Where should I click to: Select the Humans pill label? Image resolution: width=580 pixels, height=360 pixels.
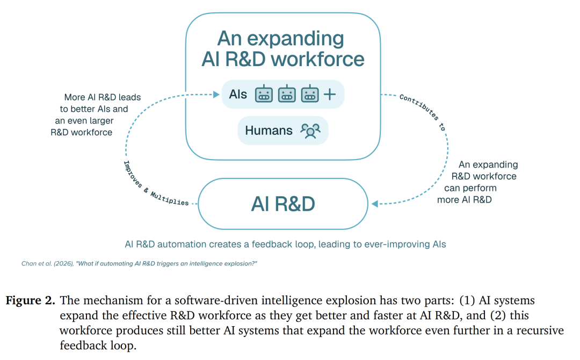283,130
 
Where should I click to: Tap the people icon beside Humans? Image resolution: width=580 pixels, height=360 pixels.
310,131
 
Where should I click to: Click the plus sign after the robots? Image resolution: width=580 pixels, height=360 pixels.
330,95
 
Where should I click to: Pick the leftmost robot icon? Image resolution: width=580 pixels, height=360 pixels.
264,93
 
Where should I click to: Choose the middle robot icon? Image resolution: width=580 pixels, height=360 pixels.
287,93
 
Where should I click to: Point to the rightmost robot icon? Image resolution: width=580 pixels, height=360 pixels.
310,93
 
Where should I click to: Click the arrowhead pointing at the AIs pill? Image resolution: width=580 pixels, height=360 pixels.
216,95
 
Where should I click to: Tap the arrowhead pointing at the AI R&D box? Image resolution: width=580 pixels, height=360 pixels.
375,204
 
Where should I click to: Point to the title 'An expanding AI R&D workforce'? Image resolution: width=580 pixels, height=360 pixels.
283,48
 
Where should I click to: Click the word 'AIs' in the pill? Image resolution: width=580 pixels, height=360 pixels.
238,95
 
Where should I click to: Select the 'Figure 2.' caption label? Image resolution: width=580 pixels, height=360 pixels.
30,300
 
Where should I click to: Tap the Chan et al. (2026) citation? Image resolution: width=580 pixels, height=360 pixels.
139,263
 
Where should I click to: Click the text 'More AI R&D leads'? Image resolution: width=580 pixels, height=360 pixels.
103,97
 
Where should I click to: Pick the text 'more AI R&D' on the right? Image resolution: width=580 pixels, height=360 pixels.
464,200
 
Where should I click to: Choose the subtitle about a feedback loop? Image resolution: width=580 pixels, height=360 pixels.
285,244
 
